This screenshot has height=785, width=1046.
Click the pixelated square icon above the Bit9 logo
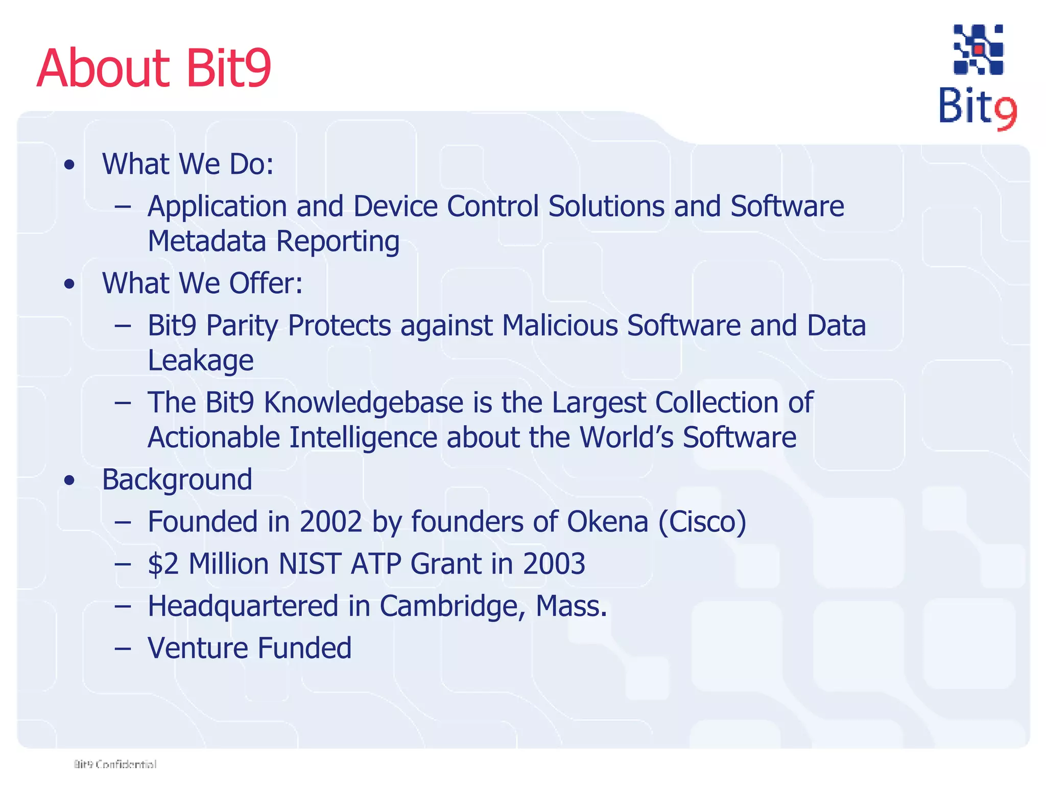point(978,50)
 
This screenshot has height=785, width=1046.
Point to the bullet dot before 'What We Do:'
point(69,165)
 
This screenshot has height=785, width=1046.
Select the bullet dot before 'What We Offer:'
point(69,284)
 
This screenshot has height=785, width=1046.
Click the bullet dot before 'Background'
point(69,480)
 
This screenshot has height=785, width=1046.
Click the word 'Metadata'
point(206,241)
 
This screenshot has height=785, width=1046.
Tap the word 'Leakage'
point(200,360)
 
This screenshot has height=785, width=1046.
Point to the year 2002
point(330,522)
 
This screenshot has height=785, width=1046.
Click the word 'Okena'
point(607,522)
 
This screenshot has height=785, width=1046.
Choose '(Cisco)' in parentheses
point(702,522)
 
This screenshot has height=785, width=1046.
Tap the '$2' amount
point(163,564)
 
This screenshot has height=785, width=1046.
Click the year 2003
point(554,564)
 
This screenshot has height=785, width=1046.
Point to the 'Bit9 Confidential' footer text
point(115,764)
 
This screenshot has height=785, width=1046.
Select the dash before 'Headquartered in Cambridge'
point(123,607)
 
